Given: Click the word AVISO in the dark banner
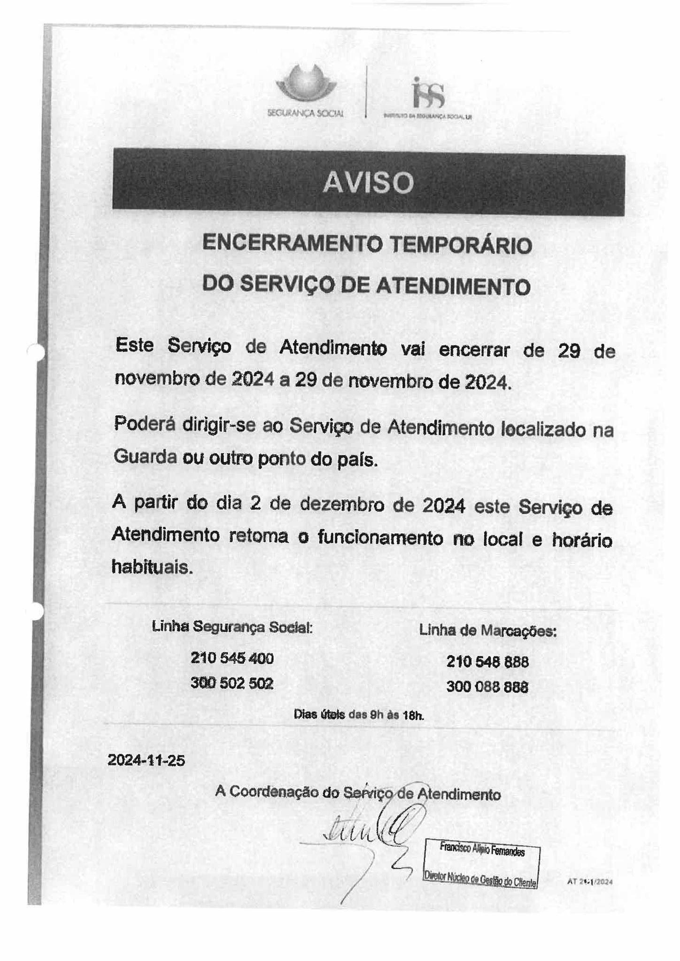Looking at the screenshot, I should tap(368, 183).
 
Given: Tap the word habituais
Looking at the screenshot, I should tap(152, 567).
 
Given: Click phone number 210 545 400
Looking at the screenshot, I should tap(232, 658).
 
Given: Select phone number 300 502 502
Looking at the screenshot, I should tap(232, 683).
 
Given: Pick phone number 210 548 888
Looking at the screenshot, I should tap(487, 662).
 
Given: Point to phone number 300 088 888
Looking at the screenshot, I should tap(487, 687).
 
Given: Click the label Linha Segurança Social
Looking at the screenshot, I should tap(232, 627).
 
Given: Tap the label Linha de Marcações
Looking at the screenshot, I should tap(487, 631).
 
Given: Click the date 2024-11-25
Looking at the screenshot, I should tap(146, 760).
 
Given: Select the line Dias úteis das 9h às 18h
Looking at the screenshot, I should tap(359, 715).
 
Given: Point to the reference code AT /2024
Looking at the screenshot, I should tap(589, 882).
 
